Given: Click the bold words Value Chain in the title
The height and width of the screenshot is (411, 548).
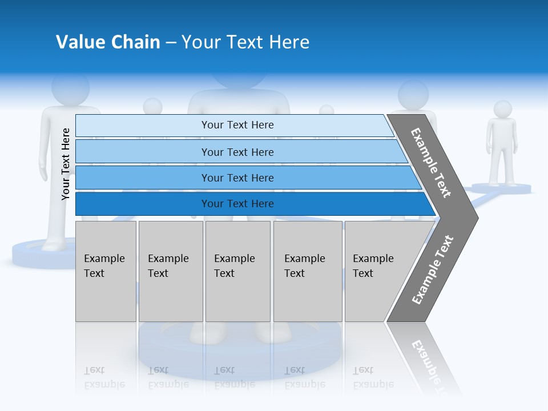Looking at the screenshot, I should [x=108, y=42].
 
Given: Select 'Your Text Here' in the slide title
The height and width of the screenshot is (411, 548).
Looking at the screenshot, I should [x=245, y=42].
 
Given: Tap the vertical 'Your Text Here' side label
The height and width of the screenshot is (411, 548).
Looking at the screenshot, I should [x=66, y=164].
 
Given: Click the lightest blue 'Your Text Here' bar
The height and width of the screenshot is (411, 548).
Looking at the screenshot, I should [x=237, y=125].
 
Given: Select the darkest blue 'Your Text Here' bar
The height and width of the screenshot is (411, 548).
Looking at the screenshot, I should [x=237, y=204].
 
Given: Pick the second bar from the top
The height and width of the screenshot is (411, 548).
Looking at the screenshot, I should [x=237, y=152].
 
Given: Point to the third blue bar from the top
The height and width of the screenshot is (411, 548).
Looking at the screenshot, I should [x=237, y=178].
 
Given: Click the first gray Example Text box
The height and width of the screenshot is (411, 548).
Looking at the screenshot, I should [x=106, y=271].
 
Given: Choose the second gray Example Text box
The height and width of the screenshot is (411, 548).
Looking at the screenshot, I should [x=170, y=271].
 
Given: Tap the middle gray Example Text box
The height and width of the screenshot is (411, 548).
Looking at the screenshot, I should [x=237, y=271].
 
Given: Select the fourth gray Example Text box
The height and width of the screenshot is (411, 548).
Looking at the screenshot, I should [x=308, y=271].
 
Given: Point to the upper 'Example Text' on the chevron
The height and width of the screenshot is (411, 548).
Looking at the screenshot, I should [x=431, y=163].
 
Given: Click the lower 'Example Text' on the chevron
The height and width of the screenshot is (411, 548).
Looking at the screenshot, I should [x=432, y=269].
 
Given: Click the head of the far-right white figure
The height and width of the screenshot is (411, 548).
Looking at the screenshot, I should [x=502, y=109].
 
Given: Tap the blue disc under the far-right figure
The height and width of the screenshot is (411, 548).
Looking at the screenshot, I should [x=502, y=188].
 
